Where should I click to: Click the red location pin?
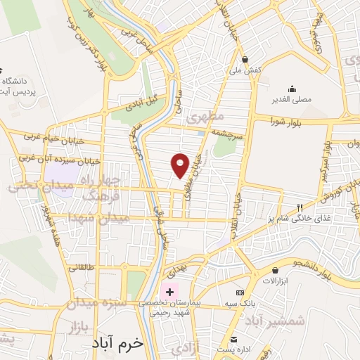point(181,165)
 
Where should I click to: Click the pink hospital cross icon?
point(169,290)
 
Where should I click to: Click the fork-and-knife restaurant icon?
point(300,207)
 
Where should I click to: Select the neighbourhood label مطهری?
point(205,116)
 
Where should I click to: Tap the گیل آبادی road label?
point(143,103)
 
